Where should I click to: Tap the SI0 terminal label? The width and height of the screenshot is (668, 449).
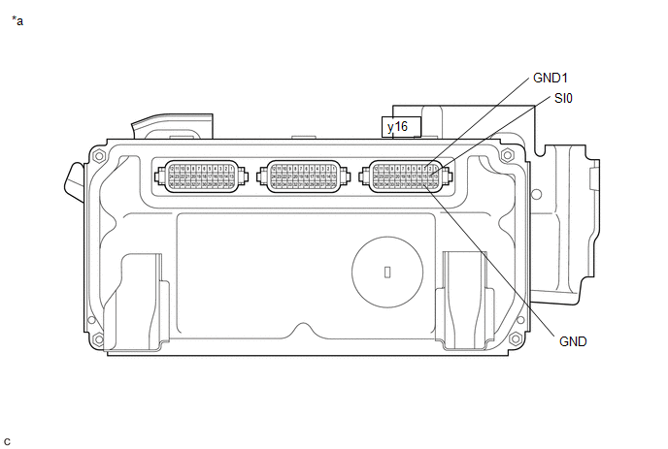[563, 98]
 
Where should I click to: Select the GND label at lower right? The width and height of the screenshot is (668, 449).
[573, 341]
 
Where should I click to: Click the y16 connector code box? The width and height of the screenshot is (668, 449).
[397, 127]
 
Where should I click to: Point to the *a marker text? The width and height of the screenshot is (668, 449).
[17, 20]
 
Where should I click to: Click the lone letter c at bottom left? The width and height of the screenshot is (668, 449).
[8, 441]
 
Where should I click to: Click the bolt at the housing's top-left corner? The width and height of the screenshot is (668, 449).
[100, 155]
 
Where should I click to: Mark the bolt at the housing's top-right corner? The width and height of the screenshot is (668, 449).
[505, 155]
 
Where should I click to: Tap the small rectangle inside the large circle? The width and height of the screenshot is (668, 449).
[386, 273]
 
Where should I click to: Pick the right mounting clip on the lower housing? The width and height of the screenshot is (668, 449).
[464, 296]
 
